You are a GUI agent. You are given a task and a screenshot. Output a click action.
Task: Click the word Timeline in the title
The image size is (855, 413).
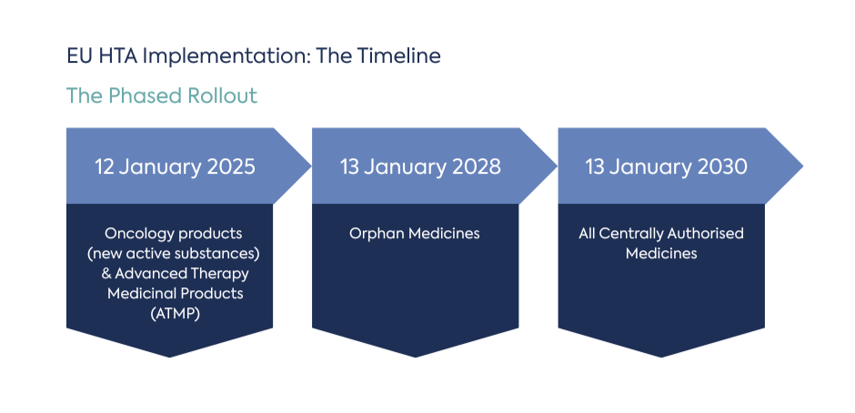[x=397, y=55]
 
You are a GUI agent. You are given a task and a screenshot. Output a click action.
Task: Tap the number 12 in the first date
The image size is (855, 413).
[x=106, y=166]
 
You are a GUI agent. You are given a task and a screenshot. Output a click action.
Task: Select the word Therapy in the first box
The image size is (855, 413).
[x=222, y=274]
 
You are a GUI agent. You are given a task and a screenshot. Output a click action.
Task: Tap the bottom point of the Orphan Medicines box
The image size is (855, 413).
[x=415, y=355]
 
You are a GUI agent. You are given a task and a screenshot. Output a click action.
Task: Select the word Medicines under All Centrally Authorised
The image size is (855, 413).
[x=661, y=254]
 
